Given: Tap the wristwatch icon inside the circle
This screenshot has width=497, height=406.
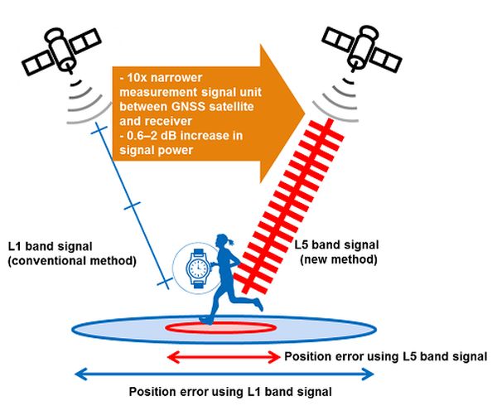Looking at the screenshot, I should (x=197, y=267).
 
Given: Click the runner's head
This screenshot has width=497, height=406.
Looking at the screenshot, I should (x=226, y=241).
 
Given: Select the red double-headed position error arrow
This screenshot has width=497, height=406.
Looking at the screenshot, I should (x=224, y=357).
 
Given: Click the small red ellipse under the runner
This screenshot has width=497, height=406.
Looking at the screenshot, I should (x=220, y=327).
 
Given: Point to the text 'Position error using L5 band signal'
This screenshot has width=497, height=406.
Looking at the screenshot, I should (x=385, y=357).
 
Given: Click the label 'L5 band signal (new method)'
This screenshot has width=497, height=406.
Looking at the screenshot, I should (x=336, y=253).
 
